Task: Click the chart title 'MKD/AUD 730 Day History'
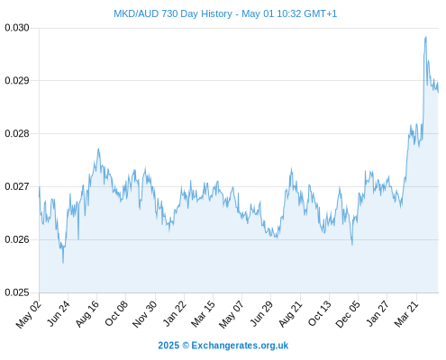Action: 173,13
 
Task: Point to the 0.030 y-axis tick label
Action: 17,28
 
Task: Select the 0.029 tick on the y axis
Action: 17,81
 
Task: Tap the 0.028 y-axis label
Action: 17,134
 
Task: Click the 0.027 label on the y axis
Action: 17,186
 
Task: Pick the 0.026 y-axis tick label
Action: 17,239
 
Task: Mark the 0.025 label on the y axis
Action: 17,292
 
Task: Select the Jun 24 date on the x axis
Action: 59,313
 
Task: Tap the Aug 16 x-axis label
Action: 87,314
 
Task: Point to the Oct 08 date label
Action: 116,313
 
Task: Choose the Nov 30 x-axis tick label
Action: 145,314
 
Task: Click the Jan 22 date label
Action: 175,313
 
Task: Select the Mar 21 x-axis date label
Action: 406,314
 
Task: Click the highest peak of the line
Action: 426,37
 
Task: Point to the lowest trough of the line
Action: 63,263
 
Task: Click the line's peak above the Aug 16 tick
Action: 98,148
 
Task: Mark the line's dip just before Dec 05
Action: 352,245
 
